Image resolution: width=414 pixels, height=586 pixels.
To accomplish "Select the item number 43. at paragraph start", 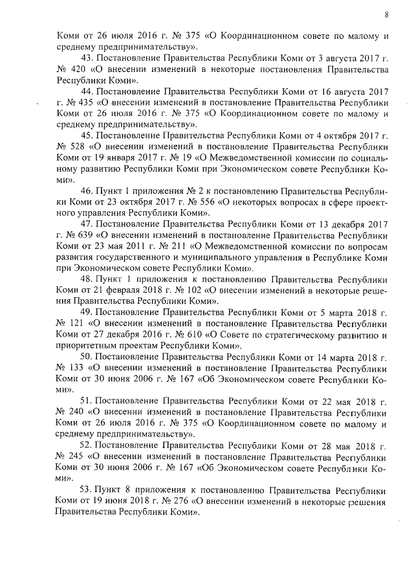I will [x=88, y=60].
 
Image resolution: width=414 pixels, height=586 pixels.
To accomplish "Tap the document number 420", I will [x=78, y=72].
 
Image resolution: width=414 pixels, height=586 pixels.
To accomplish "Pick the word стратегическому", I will [x=291, y=335].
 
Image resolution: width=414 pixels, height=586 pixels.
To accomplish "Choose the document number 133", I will [x=78, y=368].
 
